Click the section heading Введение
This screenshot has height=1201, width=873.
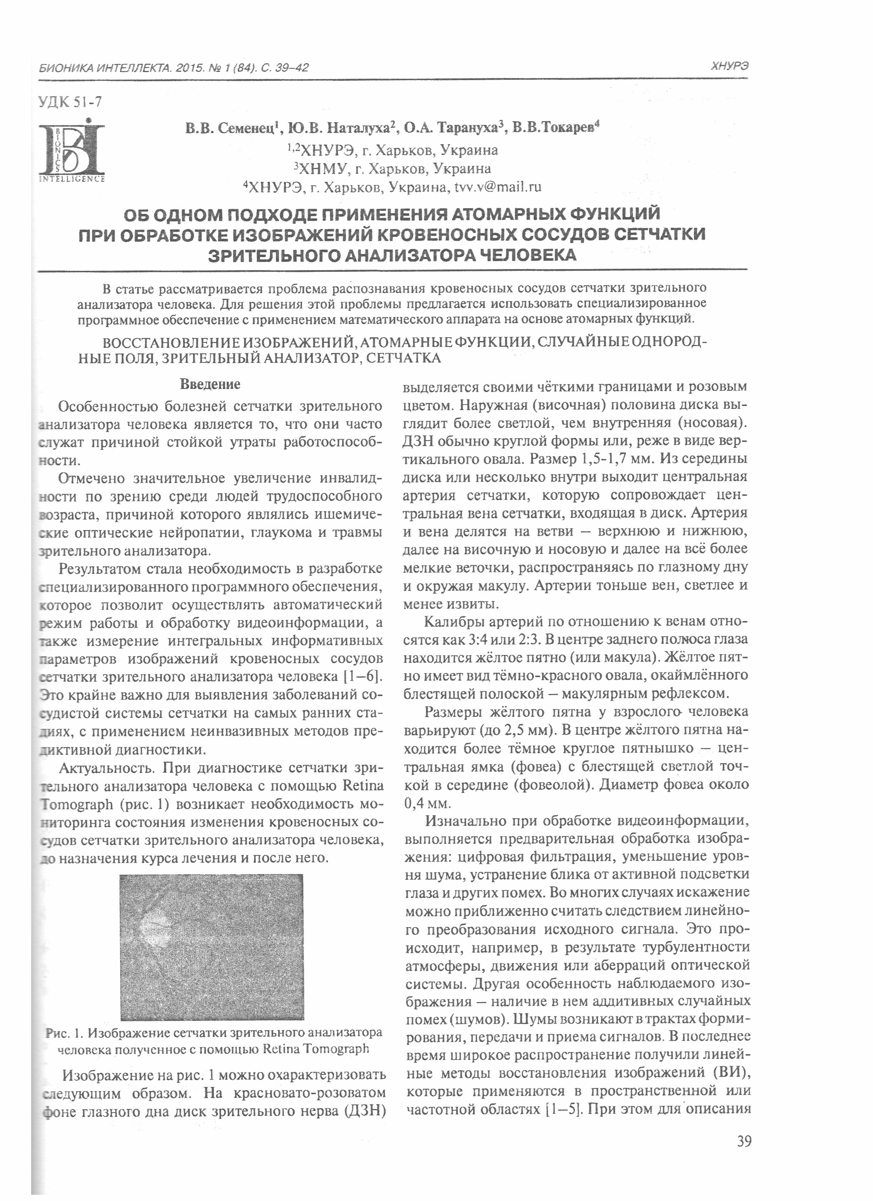point(210,384)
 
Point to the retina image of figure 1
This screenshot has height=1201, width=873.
point(212,947)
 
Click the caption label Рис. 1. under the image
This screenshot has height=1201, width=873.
point(65,1033)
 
